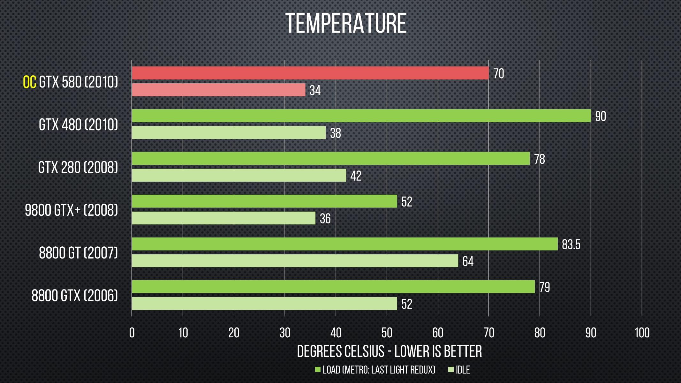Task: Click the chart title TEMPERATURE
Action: [x=346, y=23]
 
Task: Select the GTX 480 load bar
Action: [x=361, y=116]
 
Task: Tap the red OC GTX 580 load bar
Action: [x=310, y=73]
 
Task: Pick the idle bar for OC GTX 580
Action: [x=218, y=90]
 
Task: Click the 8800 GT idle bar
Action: [x=295, y=261]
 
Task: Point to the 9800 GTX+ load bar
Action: [x=264, y=201]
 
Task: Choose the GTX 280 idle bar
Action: [x=238, y=175]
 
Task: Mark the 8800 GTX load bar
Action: [x=333, y=287]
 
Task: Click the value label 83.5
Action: [x=571, y=245]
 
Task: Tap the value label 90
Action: [x=600, y=116]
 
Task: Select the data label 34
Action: [x=315, y=90]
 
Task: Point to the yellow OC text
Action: [x=29, y=82]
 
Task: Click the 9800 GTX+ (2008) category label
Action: [x=72, y=210]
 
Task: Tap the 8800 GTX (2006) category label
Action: [x=75, y=296]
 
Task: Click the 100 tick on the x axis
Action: [x=642, y=333]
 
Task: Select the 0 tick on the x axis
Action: [x=132, y=333]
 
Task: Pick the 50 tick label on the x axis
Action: [x=387, y=333]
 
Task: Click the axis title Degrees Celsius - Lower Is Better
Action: [x=389, y=351]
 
